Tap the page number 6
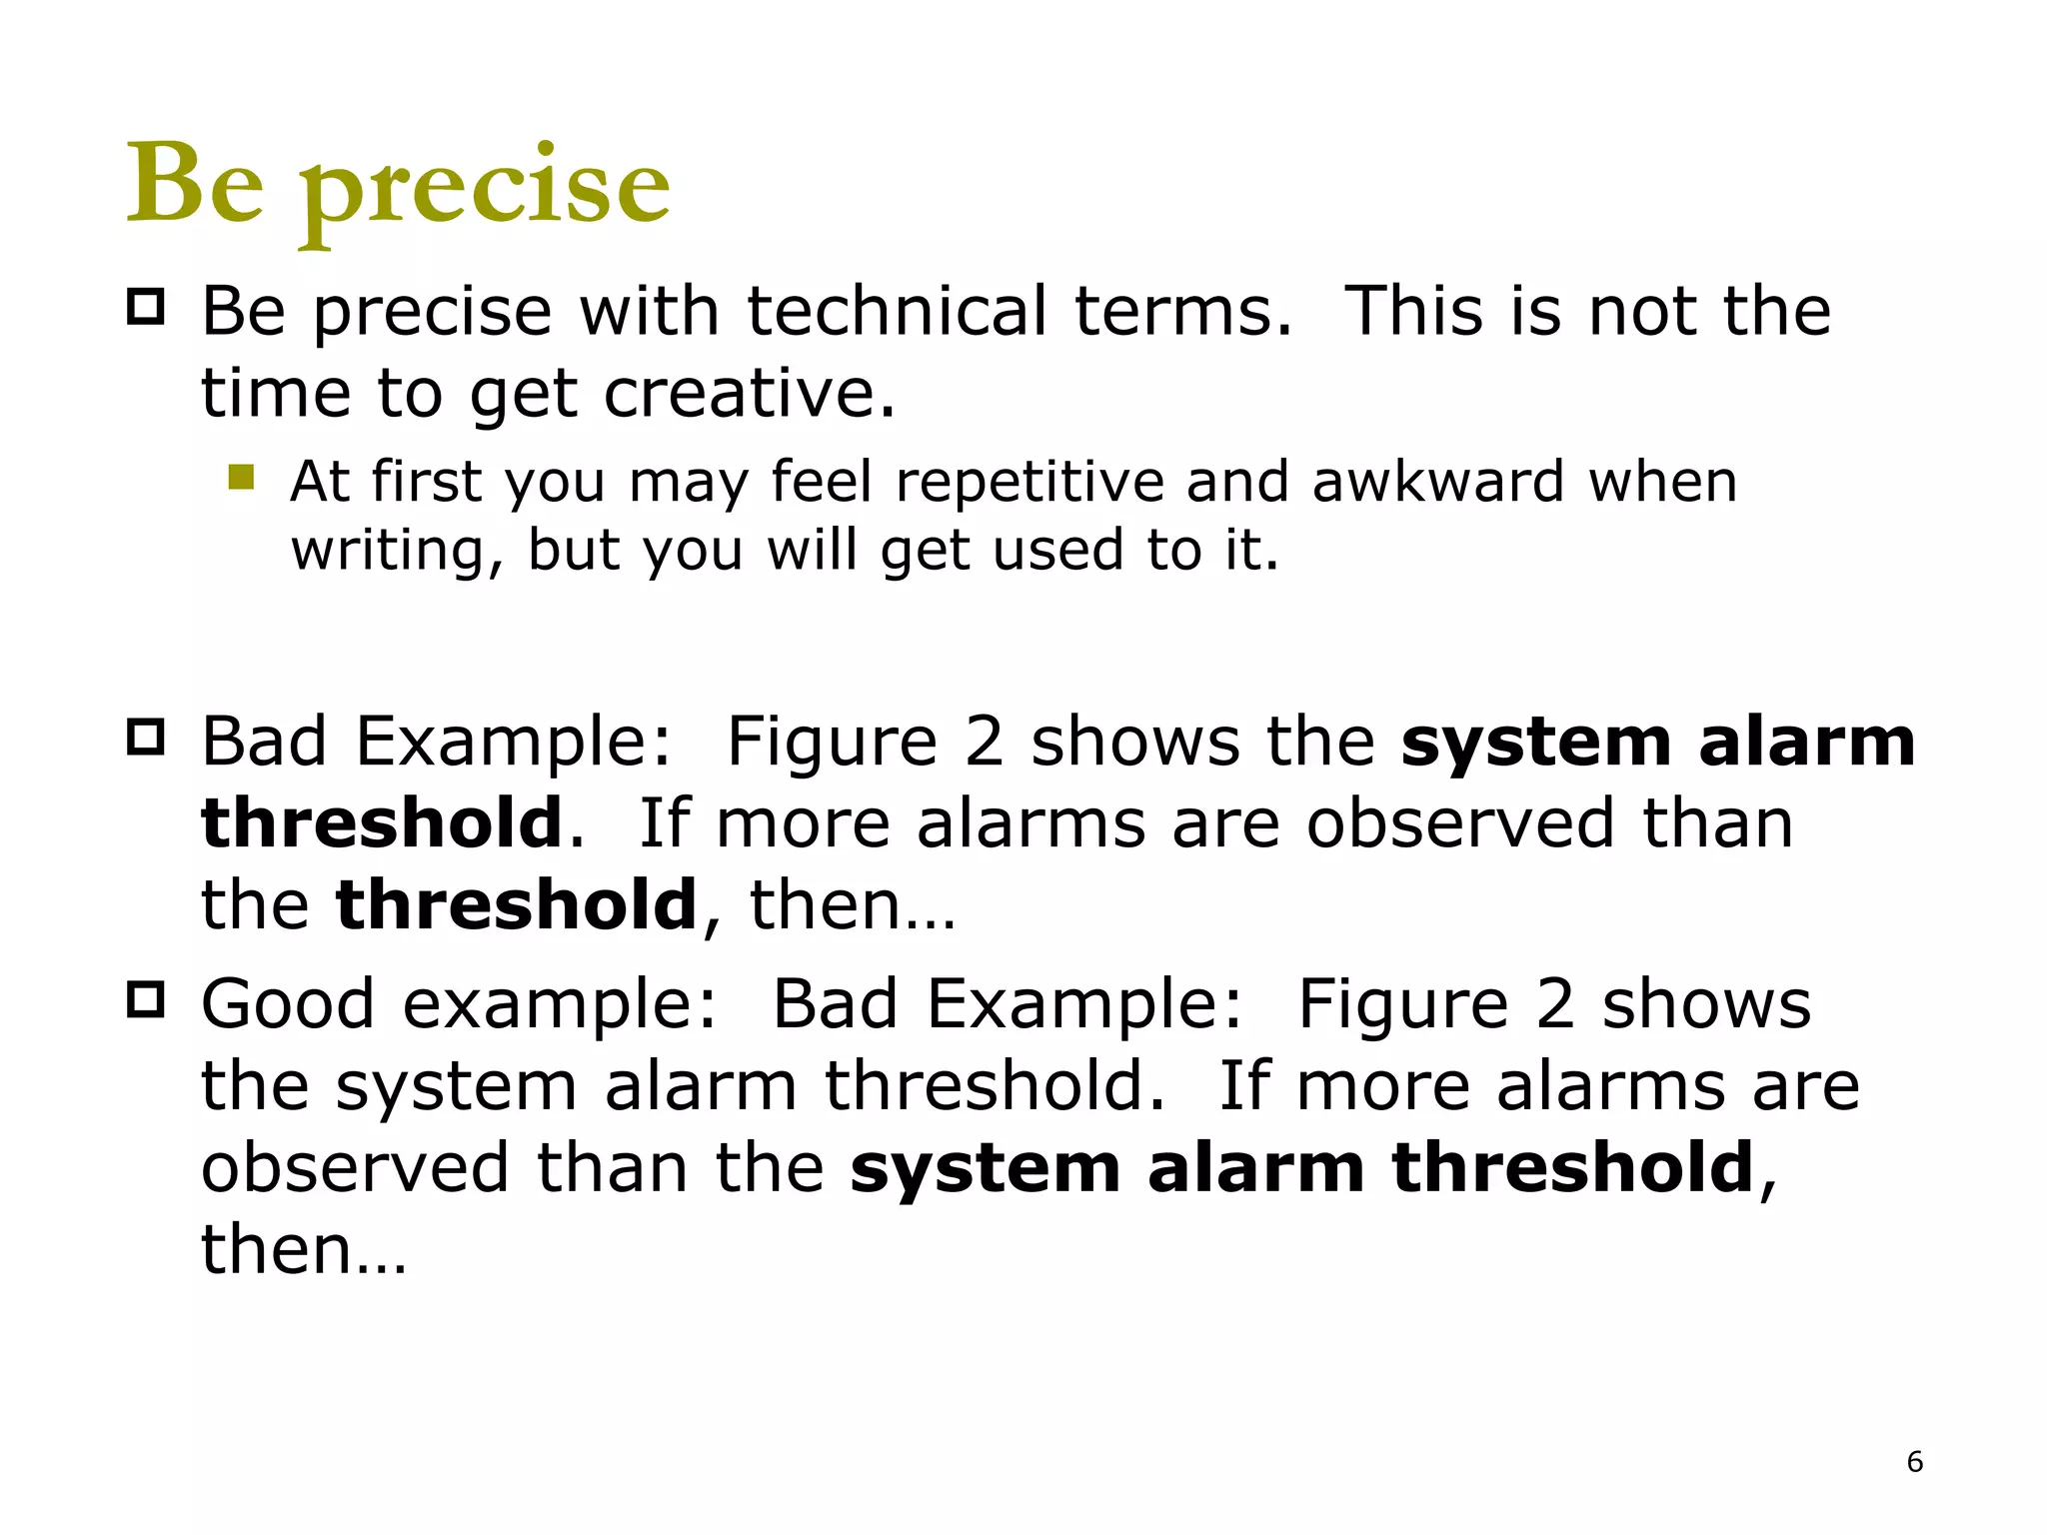(1914, 1462)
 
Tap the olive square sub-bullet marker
(241, 477)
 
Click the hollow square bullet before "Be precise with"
(146, 306)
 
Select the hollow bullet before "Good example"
(146, 998)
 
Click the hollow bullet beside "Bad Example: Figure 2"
(146, 738)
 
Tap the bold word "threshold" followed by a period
(383, 822)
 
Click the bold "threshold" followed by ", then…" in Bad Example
(516, 904)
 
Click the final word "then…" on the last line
(303, 1249)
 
